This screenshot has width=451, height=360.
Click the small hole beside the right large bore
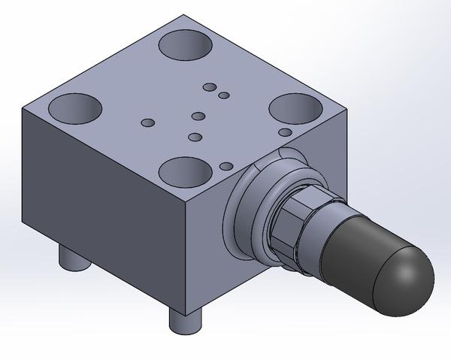coord(285,132)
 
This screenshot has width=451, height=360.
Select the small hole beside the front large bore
coord(225,166)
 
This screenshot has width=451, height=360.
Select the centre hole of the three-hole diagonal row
coord(198,116)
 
